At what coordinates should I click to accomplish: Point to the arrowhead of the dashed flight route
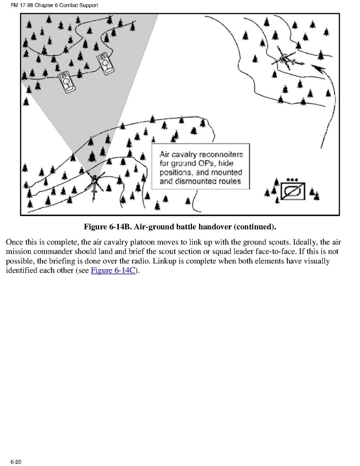[x=318, y=69]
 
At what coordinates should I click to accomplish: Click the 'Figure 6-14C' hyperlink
[x=113, y=270]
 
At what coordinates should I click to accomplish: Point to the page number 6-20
[x=16, y=462]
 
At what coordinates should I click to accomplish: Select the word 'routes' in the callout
[x=230, y=181]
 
